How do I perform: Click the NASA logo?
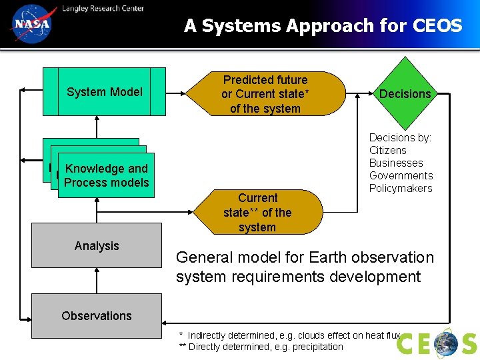tap(31, 25)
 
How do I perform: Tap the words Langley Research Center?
tap(103, 8)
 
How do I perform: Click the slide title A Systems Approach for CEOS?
tap(323, 26)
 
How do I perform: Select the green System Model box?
tap(105, 92)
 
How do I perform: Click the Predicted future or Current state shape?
tap(265, 94)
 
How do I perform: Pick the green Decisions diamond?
tap(405, 94)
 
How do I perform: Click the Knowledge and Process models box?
tap(106, 175)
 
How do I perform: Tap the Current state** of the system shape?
tap(257, 212)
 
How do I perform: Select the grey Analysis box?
tap(97, 245)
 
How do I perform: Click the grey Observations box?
tap(97, 315)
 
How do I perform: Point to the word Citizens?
tap(388, 150)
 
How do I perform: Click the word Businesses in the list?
tap(396, 163)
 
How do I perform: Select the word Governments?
tap(401, 175)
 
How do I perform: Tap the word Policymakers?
tap(401, 188)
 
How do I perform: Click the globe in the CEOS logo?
tap(446, 343)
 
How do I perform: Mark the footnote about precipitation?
tap(261, 347)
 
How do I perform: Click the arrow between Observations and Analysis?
tap(97, 281)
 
